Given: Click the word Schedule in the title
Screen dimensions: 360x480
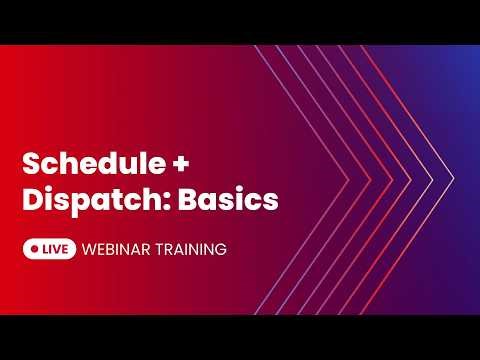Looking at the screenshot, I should click(x=88, y=164).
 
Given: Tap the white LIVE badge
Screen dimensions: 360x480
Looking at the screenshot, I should click(x=49, y=247).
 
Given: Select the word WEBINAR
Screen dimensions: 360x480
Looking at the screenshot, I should click(x=117, y=247).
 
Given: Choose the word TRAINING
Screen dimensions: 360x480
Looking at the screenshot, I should click(x=193, y=247).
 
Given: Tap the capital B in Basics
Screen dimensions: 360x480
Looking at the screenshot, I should click(x=189, y=199).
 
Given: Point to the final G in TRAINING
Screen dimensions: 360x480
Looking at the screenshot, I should click(x=220, y=247).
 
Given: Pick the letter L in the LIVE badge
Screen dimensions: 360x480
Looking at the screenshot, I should click(x=46, y=247).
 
